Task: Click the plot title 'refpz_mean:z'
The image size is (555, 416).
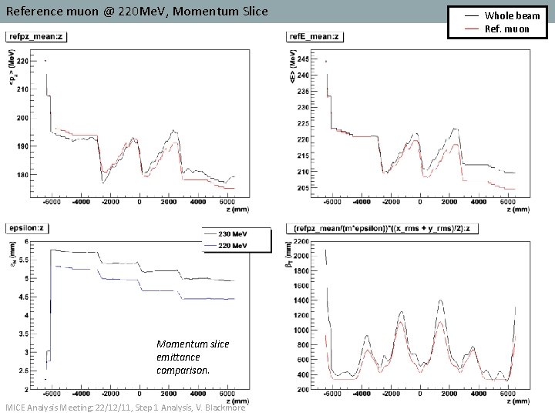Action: [35, 36]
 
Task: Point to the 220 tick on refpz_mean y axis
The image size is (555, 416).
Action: [23, 61]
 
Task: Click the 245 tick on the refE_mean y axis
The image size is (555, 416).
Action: [304, 59]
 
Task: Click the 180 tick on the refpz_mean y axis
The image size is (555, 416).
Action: [23, 175]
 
